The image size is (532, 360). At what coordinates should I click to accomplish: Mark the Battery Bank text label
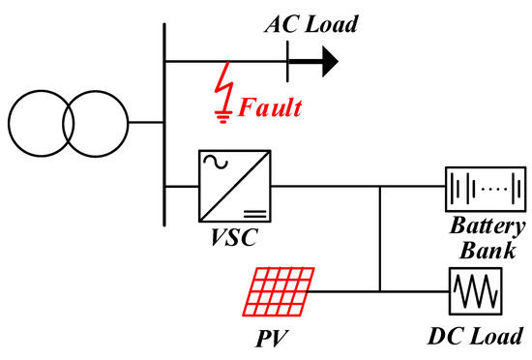[487, 237]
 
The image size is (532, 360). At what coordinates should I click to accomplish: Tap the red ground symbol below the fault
[222, 118]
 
